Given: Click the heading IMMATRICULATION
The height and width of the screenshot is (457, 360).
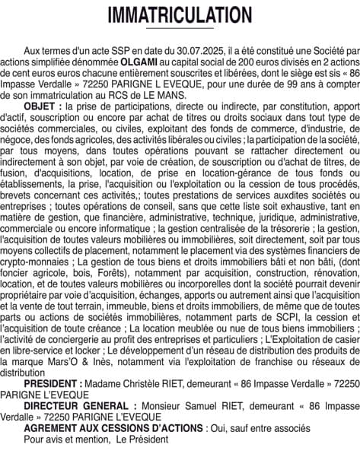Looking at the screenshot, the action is pos(180,15).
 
